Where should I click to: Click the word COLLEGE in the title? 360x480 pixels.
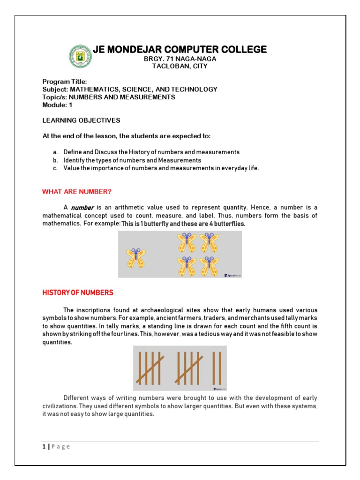(242, 49)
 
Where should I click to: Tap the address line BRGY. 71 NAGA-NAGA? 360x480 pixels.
(180, 59)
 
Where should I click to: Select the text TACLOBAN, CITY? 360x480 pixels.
(180, 66)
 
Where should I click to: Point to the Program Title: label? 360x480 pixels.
(65, 82)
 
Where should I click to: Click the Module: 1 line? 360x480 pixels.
(57, 105)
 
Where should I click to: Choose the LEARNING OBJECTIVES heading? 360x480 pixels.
(81, 120)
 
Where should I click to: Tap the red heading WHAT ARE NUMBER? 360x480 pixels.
(77, 192)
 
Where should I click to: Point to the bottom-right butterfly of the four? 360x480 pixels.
(209, 266)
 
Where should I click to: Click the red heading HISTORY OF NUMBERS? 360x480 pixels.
(78, 292)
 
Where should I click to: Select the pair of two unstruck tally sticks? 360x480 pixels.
(216, 368)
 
